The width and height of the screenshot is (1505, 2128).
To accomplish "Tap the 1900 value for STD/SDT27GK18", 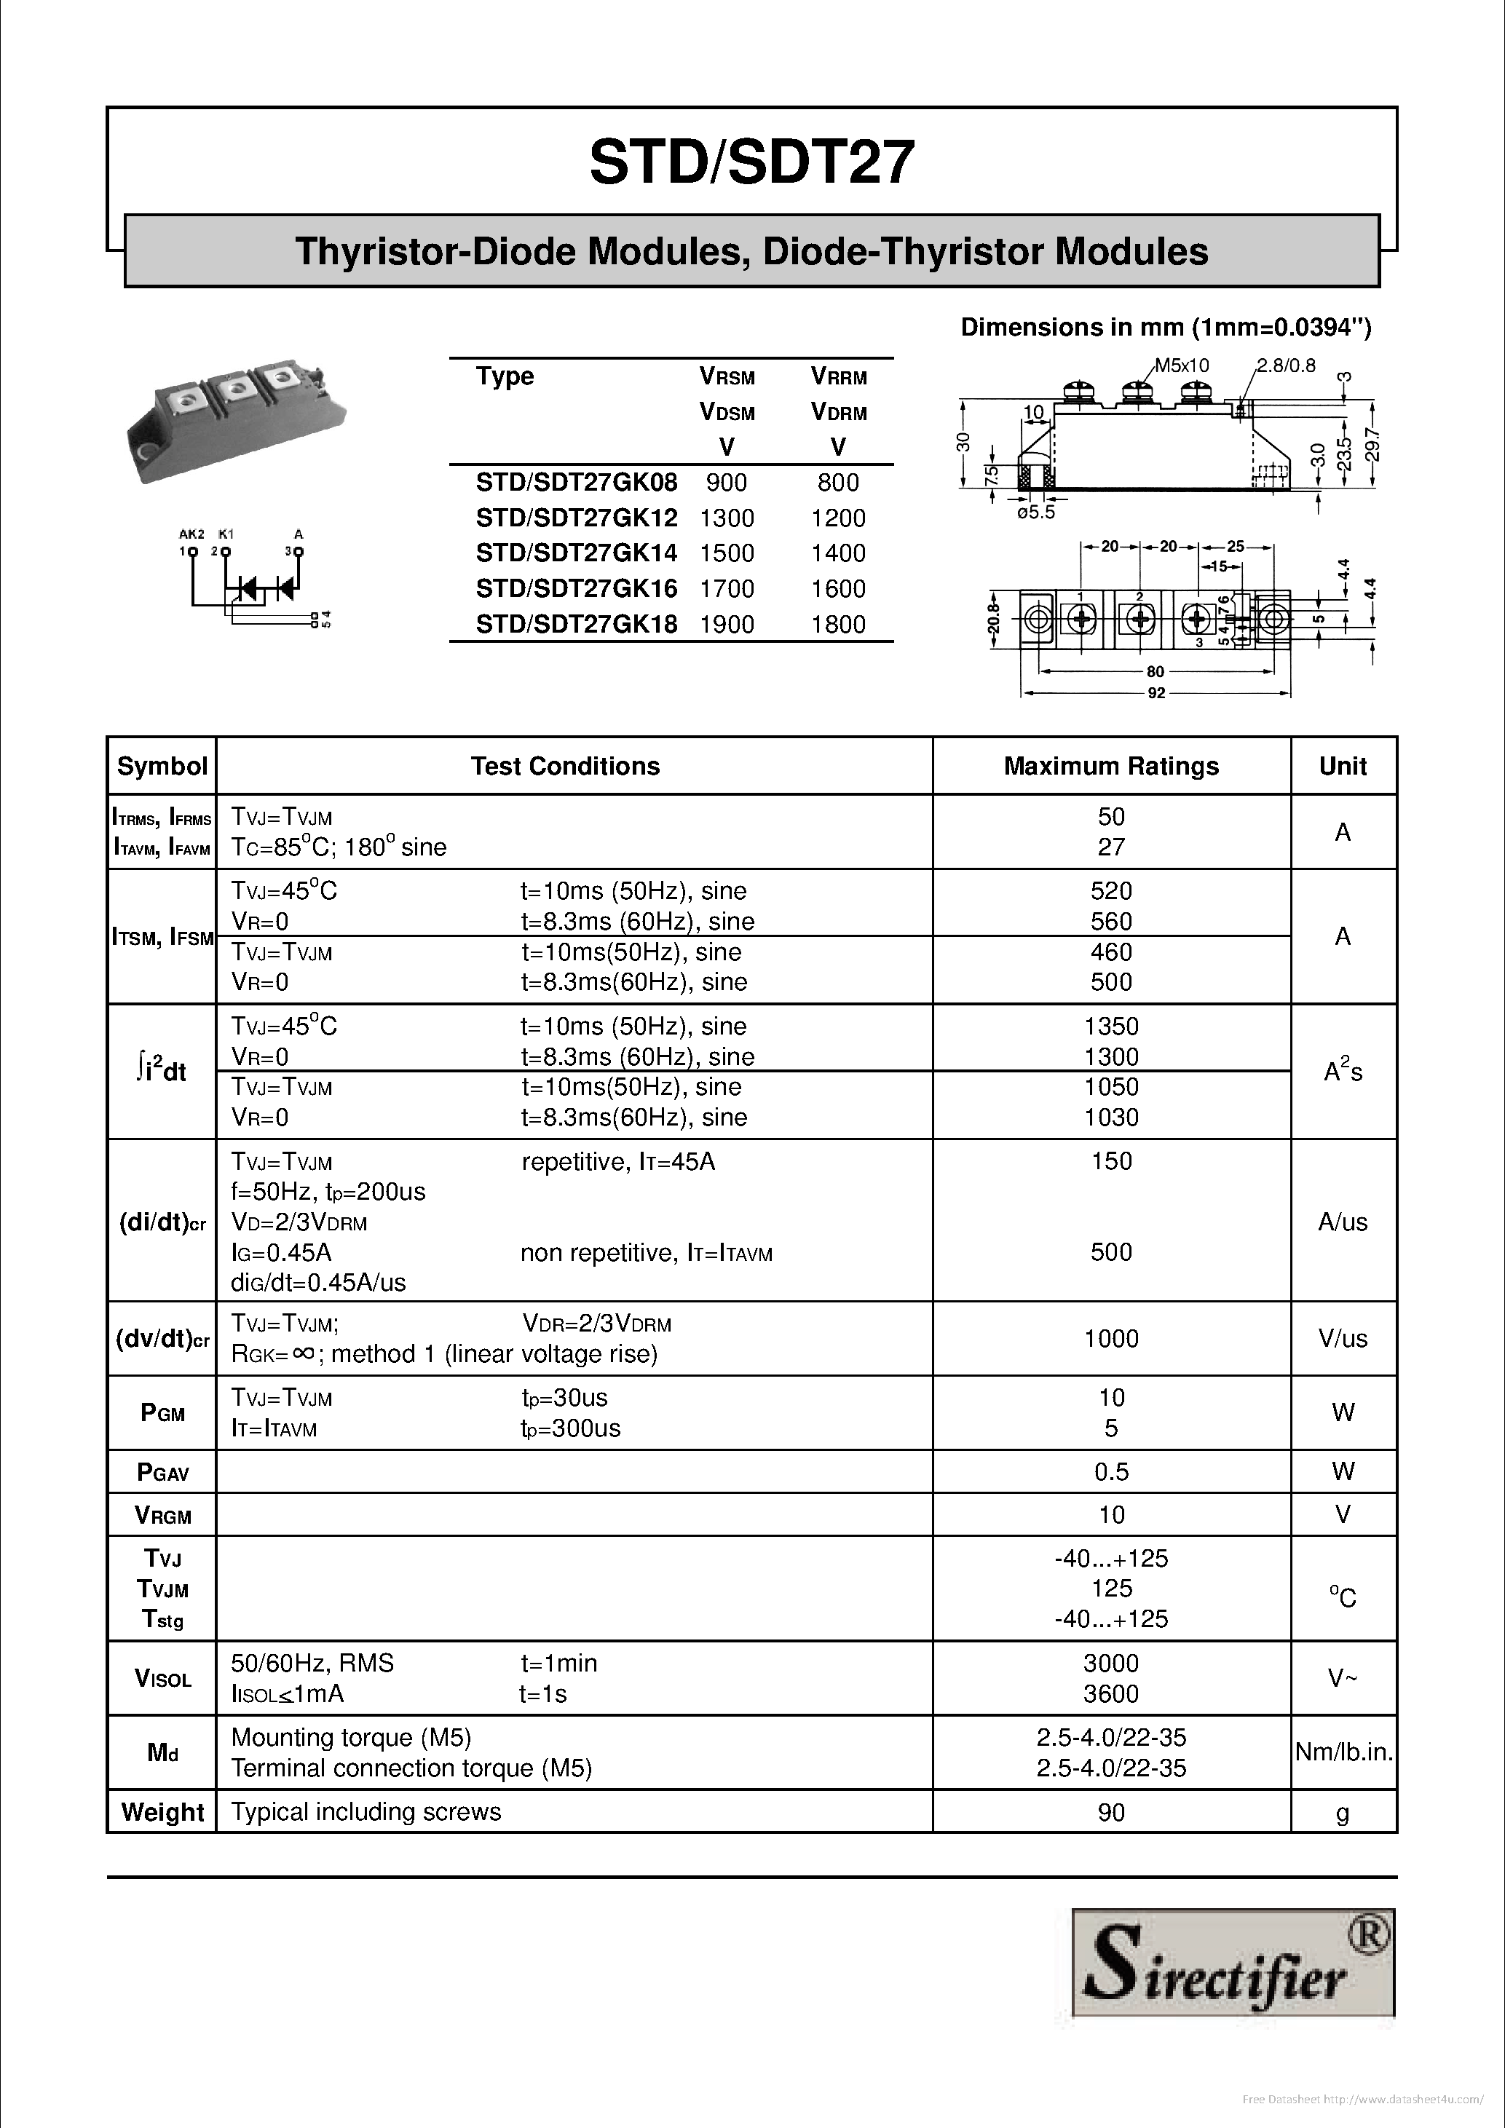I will pyautogui.click(x=727, y=625).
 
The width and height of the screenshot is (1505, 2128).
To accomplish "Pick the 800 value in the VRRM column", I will pyautogui.click(x=838, y=483).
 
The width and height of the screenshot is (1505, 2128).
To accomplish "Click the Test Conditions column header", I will pyautogui.click(x=564, y=767).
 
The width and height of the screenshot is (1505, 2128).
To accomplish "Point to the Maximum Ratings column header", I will pyautogui.click(x=1110, y=767).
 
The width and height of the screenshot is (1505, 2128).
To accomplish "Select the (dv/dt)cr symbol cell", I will pyautogui.click(x=162, y=1340).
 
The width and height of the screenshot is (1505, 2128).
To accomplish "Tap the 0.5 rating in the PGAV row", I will pyautogui.click(x=1110, y=1472).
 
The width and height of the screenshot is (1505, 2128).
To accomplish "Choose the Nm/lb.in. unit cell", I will pyautogui.click(x=1343, y=1752).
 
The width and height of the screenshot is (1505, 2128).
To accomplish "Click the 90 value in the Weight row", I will pyautogui.click(x=1110, y=1812).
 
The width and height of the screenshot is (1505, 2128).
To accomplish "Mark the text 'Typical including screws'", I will pyautogui.click(x=366, y=1812).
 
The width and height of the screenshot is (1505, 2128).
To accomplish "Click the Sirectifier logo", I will pyautogui.click(x=1233, y=1962).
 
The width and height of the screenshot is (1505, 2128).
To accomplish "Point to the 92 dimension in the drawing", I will pyautogui.click(x=1156, y=693).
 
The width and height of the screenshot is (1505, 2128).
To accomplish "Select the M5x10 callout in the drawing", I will pyautogui.click(x=1182, y=366).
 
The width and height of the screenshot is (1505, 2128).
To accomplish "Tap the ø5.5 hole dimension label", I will pyautogui.click(x=1035, y=513).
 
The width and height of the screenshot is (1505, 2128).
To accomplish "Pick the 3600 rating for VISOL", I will pyautogui.click(x=1110, y=1694).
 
